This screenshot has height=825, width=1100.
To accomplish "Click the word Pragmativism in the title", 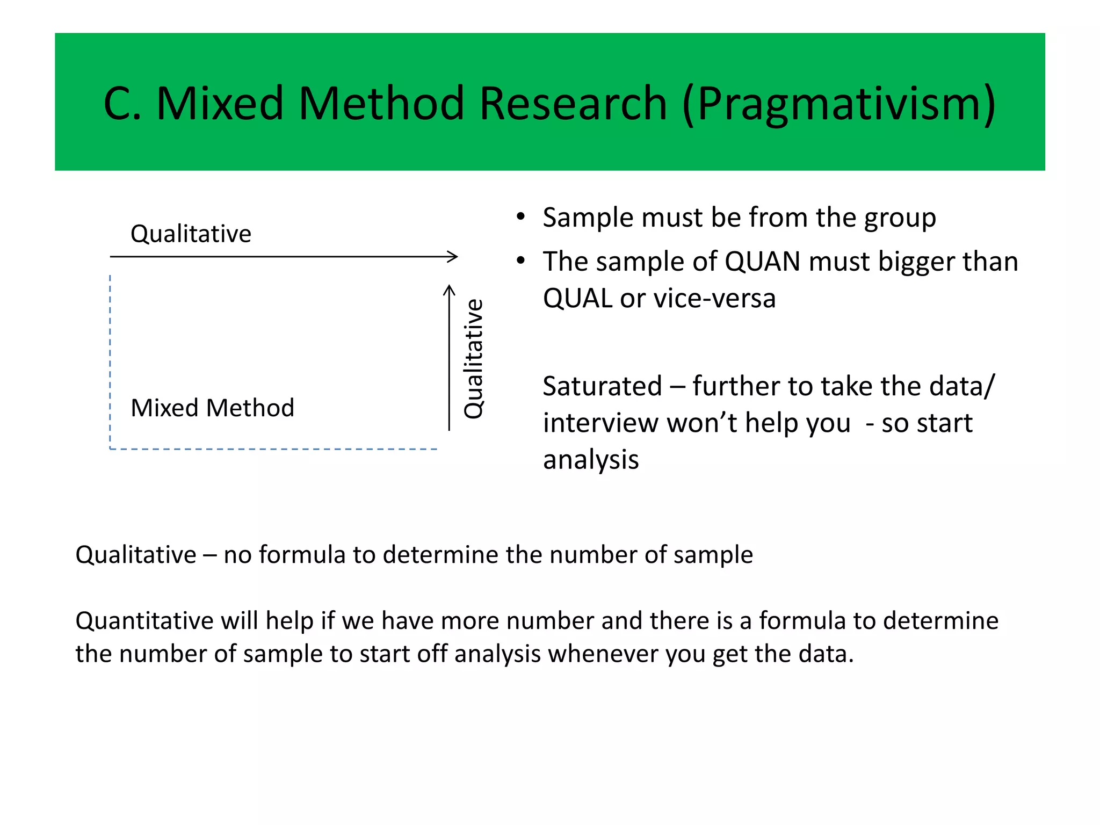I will [x=838, y=104].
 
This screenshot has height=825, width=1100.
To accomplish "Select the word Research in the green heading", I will [x=573, y=104].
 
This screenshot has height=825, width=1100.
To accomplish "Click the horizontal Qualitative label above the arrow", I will [x=191, y=234].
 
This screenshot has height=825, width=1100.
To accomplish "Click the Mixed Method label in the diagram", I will [x=212, y=408].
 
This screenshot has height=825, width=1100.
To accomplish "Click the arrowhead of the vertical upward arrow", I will [x=449, y=290].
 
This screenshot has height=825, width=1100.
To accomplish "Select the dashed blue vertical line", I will [x=110, y=360].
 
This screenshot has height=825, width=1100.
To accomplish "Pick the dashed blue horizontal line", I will [x=274, y=449].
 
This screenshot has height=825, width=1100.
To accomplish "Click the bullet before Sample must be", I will [x=520, y=218].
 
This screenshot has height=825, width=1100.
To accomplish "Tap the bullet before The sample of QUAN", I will [x=520, y=262].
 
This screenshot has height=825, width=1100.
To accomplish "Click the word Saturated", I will [x=602, y=387].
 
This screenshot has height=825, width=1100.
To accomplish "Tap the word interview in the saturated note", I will [x=600, y=423].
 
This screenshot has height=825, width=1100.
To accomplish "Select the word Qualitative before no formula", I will [x=136, y=555].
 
